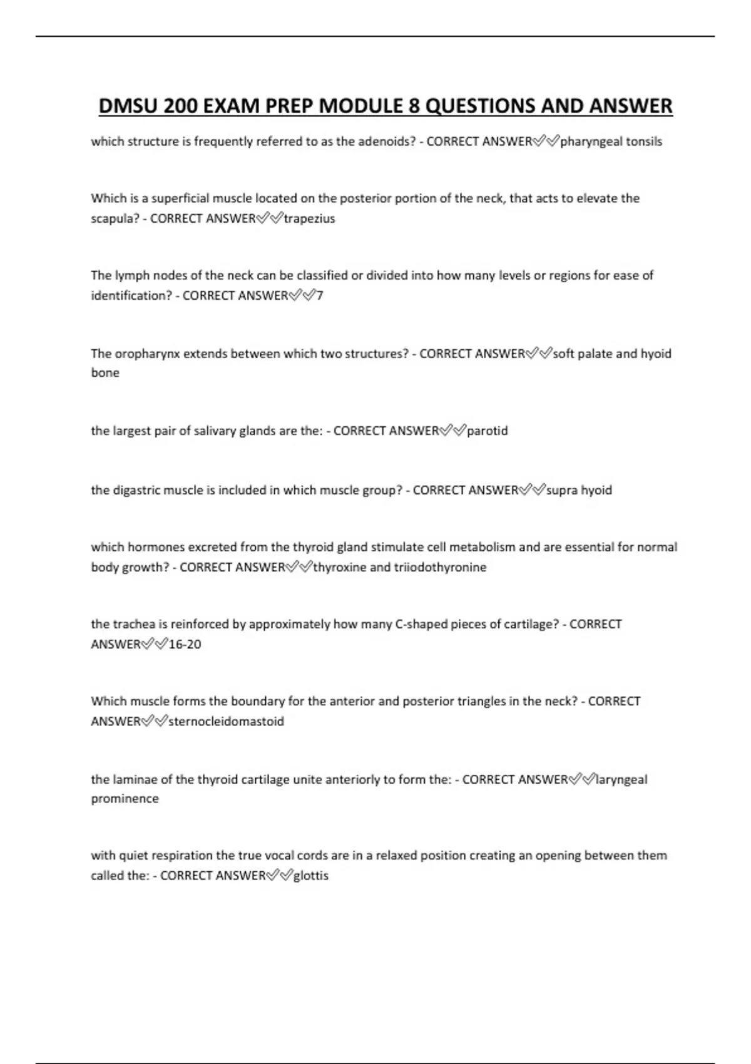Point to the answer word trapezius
(309, 218)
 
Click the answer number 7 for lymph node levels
(320, 295)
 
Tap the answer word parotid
(488, 431)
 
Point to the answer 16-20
(185, 644)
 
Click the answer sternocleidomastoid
(226, 721)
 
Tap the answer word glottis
(311, 876)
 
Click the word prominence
(125, 799)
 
